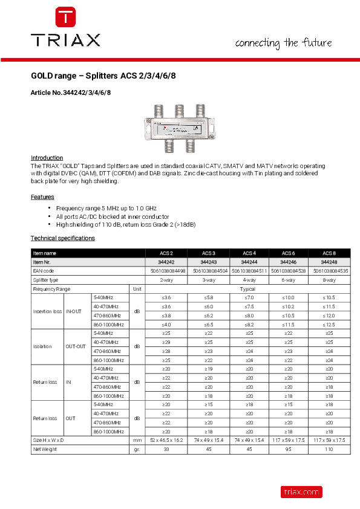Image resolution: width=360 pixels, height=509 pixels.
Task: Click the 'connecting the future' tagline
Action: [x=283, y=43]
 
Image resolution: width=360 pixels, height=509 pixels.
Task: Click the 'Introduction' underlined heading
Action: [x=47, y=157]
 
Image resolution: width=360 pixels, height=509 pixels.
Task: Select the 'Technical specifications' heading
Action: [x=63, y=238]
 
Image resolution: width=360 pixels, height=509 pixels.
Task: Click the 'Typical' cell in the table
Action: [x=247, y=289]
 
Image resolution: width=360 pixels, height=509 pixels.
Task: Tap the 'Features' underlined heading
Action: [x=42, y=197]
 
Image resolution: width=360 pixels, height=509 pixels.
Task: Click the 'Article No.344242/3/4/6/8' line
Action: [x=71, y=92]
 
